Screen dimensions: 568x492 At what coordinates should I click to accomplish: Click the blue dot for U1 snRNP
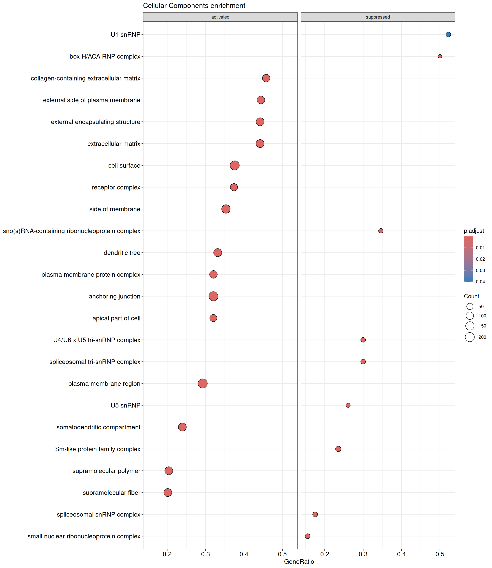tap(448, 35)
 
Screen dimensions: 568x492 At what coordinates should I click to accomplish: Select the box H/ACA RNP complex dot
tap(440, 56)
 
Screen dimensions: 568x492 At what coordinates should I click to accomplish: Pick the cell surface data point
tap(235, 165)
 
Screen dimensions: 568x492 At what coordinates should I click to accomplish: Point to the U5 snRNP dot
tap(348, 405)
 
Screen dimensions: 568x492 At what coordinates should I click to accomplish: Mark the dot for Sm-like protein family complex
tap(338, 449)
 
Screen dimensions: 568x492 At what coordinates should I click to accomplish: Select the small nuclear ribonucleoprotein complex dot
tap(307, 536)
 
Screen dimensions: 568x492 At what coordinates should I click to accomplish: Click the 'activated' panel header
tap(220, 17)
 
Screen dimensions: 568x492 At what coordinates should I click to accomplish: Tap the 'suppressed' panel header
tap(378, 17)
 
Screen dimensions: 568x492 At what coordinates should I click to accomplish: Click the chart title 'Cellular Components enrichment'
tap(194, 6)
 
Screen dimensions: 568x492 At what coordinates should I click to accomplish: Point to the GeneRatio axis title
tap(299, 562)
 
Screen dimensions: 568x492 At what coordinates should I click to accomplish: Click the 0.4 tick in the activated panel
tap(244, 554)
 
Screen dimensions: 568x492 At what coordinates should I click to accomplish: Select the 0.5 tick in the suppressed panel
tap(440, 554)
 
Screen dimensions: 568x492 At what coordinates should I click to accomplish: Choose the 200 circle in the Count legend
tap(470, 337)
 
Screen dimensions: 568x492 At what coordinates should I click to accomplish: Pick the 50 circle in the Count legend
tap(470, 306)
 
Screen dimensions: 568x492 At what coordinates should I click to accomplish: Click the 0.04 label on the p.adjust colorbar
tap(481, 282)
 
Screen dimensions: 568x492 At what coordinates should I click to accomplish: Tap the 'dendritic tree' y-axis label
tap(122, 253)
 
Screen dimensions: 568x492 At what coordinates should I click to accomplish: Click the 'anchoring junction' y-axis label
tap(115, 296)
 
